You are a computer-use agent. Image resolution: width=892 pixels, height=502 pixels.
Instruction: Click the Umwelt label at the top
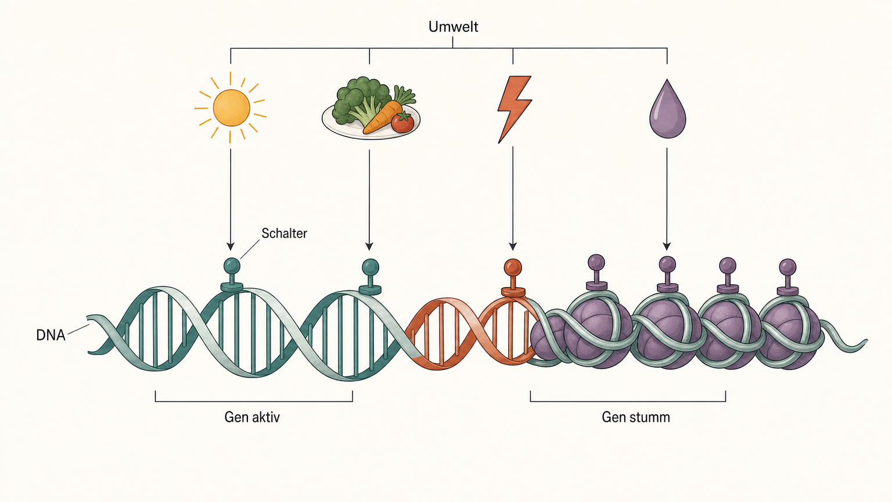point(453,27)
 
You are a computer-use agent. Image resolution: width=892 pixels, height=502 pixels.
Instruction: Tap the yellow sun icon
point(231,107)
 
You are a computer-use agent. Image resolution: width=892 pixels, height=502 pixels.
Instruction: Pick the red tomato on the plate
point(402,123)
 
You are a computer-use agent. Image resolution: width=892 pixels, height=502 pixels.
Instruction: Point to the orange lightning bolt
point(514,109)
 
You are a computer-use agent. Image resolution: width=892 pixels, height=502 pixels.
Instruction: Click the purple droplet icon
point(667,110)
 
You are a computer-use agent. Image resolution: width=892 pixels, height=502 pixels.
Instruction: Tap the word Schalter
point(284,233)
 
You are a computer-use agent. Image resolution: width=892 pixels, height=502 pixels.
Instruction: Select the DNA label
point(51,335)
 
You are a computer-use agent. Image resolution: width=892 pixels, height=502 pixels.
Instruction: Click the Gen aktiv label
point(252,417)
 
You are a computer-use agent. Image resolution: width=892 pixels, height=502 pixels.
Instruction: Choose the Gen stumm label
point(635,417)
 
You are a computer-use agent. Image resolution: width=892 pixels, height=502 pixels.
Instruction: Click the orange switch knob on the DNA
point(513,267)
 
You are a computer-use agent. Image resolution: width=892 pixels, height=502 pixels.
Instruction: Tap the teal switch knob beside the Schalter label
point(232,266)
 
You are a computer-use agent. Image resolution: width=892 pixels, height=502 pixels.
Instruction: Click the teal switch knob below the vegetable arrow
point(371,267)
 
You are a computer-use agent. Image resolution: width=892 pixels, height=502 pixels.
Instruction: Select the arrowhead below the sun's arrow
point(230,245)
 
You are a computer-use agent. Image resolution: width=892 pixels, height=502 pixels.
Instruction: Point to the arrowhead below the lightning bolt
point(513,245)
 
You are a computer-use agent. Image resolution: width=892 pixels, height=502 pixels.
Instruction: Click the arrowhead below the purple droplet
point(667,245)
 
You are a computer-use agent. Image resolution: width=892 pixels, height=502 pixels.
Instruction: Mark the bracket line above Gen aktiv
point(254,401)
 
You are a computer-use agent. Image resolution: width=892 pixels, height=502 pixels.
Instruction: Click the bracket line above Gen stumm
point(628,401)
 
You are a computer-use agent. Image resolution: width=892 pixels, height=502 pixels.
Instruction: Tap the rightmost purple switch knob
point(787,267)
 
